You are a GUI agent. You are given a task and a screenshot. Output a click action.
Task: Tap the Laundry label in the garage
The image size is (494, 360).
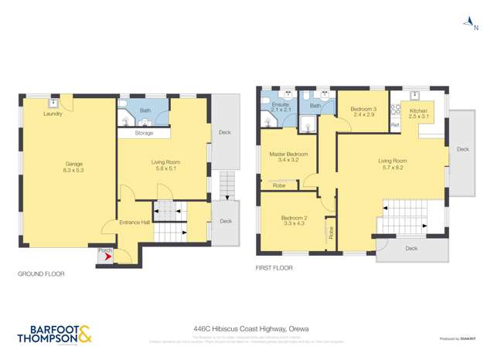point(53,114)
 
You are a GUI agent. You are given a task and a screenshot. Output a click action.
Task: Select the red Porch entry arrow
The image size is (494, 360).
point(105,257)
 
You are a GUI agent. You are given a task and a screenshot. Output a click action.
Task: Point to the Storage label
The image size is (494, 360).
point(144,133)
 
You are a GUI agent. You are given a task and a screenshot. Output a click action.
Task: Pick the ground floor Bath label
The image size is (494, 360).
point(145,110)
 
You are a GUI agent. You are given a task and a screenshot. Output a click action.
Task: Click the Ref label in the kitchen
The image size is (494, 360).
point(395,125)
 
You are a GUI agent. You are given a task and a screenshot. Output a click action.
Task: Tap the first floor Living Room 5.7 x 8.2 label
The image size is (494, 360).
point(391,164)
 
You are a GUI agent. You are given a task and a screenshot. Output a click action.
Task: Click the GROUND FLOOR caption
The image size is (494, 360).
point(41,274)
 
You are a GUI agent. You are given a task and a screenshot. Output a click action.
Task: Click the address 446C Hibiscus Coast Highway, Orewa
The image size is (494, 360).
point(251,329)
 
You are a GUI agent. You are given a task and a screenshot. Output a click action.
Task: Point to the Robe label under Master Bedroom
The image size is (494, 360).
point(279,186)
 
